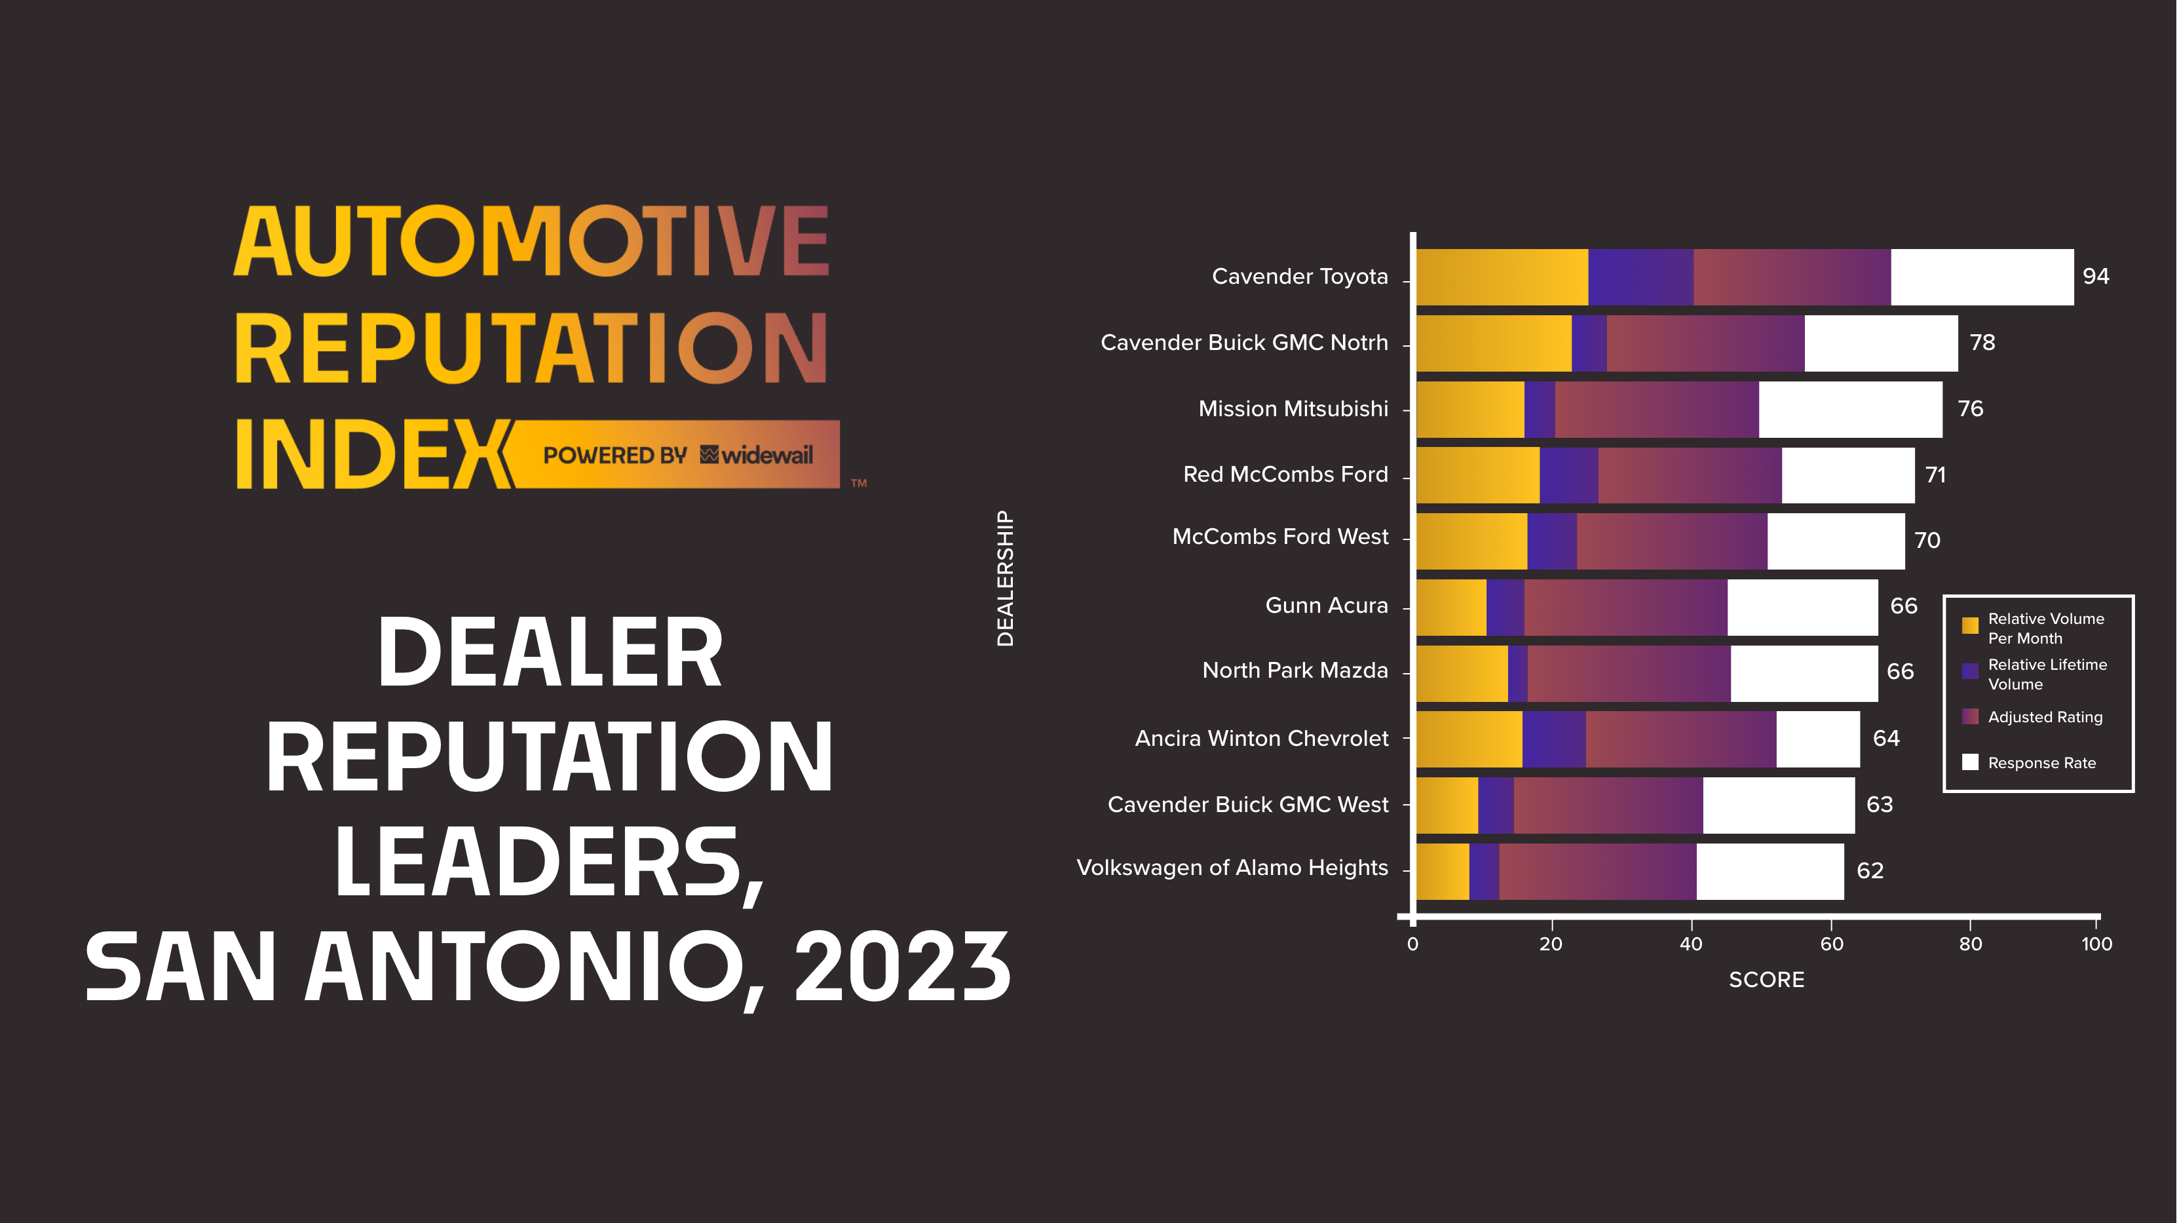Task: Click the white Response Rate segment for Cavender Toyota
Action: coord(1981,277)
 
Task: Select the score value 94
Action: coord(2096,277)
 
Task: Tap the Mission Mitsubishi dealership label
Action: coord(1293,409)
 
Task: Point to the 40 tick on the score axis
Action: coord(1690,944)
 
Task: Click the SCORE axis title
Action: coord(1766,980)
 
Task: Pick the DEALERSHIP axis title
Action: coord(1005,579)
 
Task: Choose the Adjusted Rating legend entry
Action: coord(2044,717)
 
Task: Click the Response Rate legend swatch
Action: coord(1970,762)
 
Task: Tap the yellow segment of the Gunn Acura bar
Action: coord(1451,607)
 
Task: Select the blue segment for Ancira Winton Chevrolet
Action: coord(1553,739)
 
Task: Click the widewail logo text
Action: coord(767,456)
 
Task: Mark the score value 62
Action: coord(1870,870)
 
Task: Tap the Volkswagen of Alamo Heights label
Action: coord(1232,868)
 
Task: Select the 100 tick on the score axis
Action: coord(2096,944)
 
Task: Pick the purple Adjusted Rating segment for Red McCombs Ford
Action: coord(1690,475)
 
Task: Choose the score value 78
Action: coord(1982,342)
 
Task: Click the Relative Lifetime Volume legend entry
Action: coord(2047,674)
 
